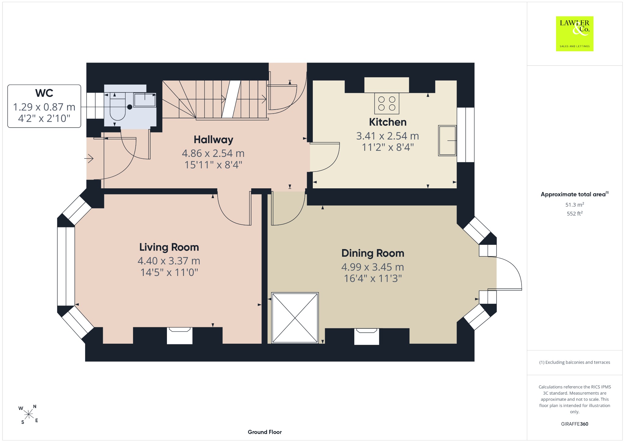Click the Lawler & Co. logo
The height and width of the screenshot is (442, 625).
[x=575, y=34]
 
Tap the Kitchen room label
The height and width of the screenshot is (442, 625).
[x=388, y=122]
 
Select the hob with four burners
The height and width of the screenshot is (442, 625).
[x=387, y=103]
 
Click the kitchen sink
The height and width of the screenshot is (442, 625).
[x=447, y=140]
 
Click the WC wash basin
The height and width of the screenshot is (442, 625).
[x=145, y=100]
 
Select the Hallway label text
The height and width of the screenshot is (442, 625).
[x=213, y=139]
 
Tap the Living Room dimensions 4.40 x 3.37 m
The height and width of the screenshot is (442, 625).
[x=169, y=261]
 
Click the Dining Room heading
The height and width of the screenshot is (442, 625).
[x=373, y=253]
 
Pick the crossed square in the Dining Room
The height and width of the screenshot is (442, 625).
[x=295, y=318]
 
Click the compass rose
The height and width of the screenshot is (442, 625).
[x=29, y=414]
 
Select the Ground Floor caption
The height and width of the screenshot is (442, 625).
[x=265, y=432]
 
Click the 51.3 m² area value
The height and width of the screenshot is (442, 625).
[x=575, y=205]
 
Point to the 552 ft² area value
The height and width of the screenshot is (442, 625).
[x=575, y=213]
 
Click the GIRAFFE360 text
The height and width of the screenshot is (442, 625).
[x=575, y=424]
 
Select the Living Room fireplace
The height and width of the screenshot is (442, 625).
[x=180, y=335]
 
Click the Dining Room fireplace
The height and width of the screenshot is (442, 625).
[x=367, y=336]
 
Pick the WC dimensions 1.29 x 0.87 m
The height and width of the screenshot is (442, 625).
[x=44, y=107]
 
